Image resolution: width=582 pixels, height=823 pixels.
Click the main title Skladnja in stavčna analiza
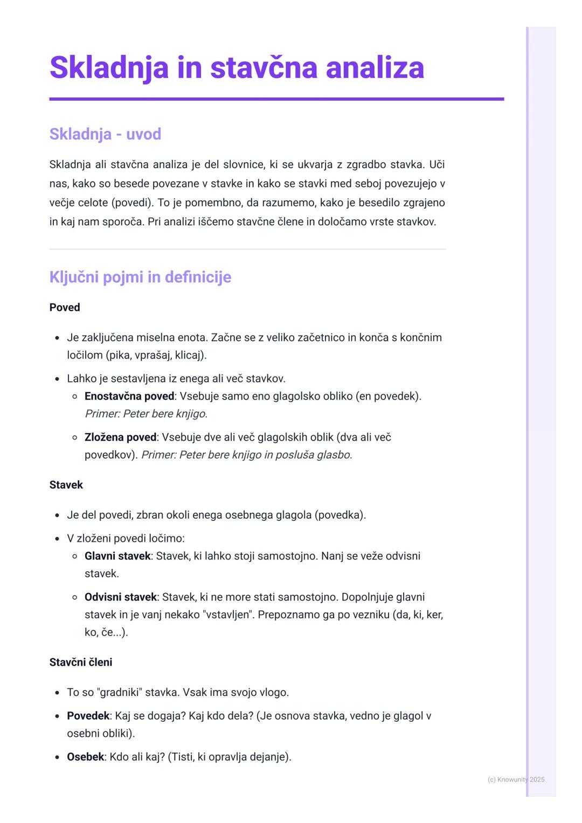click(x=237, y=68)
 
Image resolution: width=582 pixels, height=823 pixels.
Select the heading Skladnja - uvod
click(x=105, y=134)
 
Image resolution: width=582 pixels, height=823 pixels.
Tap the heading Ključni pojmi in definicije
click(x=140, y=277)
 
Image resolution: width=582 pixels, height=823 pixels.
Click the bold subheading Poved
click(x=65, y=308)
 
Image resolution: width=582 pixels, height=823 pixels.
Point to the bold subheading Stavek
click(x=66, y=485)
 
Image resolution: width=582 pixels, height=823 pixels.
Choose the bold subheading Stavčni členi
click(x=81, y=662)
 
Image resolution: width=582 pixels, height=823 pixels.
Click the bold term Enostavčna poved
click(x=129, y=396)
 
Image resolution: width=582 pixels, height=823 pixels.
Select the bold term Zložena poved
click(x=120, y=437)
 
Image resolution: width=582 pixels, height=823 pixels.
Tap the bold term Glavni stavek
click(x=117, y=556)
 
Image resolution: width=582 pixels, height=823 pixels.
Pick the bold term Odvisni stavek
click(x=121, y=597)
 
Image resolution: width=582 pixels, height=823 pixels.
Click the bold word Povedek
click(x=88, y=716)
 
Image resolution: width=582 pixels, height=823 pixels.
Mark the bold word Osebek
click(x=85, y=757)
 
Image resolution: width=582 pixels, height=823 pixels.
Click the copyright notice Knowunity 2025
click(x=516, y=779)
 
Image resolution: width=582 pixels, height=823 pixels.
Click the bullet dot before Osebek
click(x=57, y=757)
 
